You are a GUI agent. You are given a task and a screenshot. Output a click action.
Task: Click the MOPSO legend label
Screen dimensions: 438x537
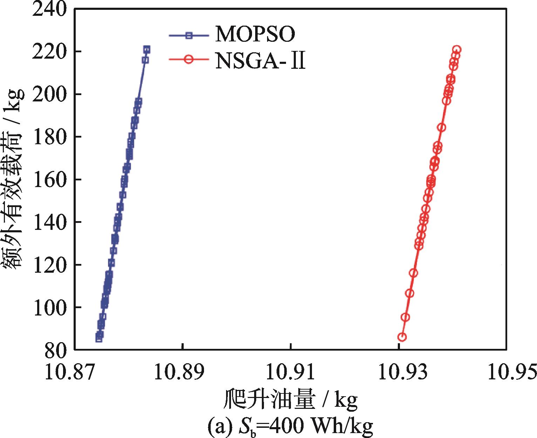click(x=255, y=34)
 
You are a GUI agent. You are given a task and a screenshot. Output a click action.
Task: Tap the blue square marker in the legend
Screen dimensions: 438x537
click(x=189, y=35)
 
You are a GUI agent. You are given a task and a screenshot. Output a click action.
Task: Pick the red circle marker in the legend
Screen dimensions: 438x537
click(x=189, y=60)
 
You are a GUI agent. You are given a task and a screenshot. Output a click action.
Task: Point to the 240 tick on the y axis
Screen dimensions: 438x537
click(x=49, y=9)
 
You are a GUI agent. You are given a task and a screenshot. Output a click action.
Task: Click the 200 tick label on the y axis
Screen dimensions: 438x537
click(x=49, y=94)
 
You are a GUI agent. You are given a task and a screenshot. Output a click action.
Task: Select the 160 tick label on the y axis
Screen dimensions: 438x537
click(x=49, y=179)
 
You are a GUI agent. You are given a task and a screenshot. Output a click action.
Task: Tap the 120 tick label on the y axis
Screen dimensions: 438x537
click(x=49, y=265)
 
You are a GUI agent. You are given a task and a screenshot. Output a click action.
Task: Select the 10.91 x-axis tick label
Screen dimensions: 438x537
click(x=290, y=373)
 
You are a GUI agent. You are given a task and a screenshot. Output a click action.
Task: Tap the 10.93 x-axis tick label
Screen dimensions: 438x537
click(x=398, y=373)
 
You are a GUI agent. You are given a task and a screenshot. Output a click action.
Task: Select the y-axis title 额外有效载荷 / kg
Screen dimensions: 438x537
click(x=15, y=179)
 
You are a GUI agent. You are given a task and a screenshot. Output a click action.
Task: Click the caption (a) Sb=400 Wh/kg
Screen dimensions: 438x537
click(x=290, y=426)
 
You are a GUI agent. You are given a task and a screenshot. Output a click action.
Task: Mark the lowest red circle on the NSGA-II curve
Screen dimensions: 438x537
click(x=402, y=337)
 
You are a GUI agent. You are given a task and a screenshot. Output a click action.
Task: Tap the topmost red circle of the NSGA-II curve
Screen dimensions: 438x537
click(x=457, y=49)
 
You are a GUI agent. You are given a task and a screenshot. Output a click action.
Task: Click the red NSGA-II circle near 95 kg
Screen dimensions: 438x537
click(x=405, y=317)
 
